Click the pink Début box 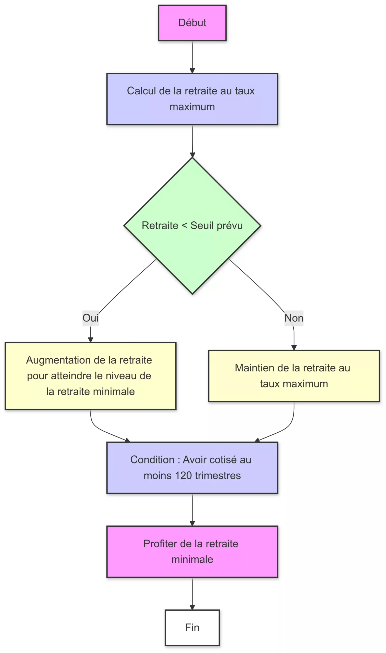pyautogui.click(x=192, y=23)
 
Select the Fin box pyautogui.click(x=192, y=627)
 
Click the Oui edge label pyautogui.click(x=90, y=318)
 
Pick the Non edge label pyautogui.click(x=294, y=318)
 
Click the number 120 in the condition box pyautogui.click(x=183, y=475)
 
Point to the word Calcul pyautogui.click(x=141, y=91)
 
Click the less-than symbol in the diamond pyautogui.click(x=184, y=225)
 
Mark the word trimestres pyautogui.click(x=218, y=475)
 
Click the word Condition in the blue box pyautogui.click(x=152, y=460)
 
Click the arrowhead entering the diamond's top pyautogui.click(x=192, y=155)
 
